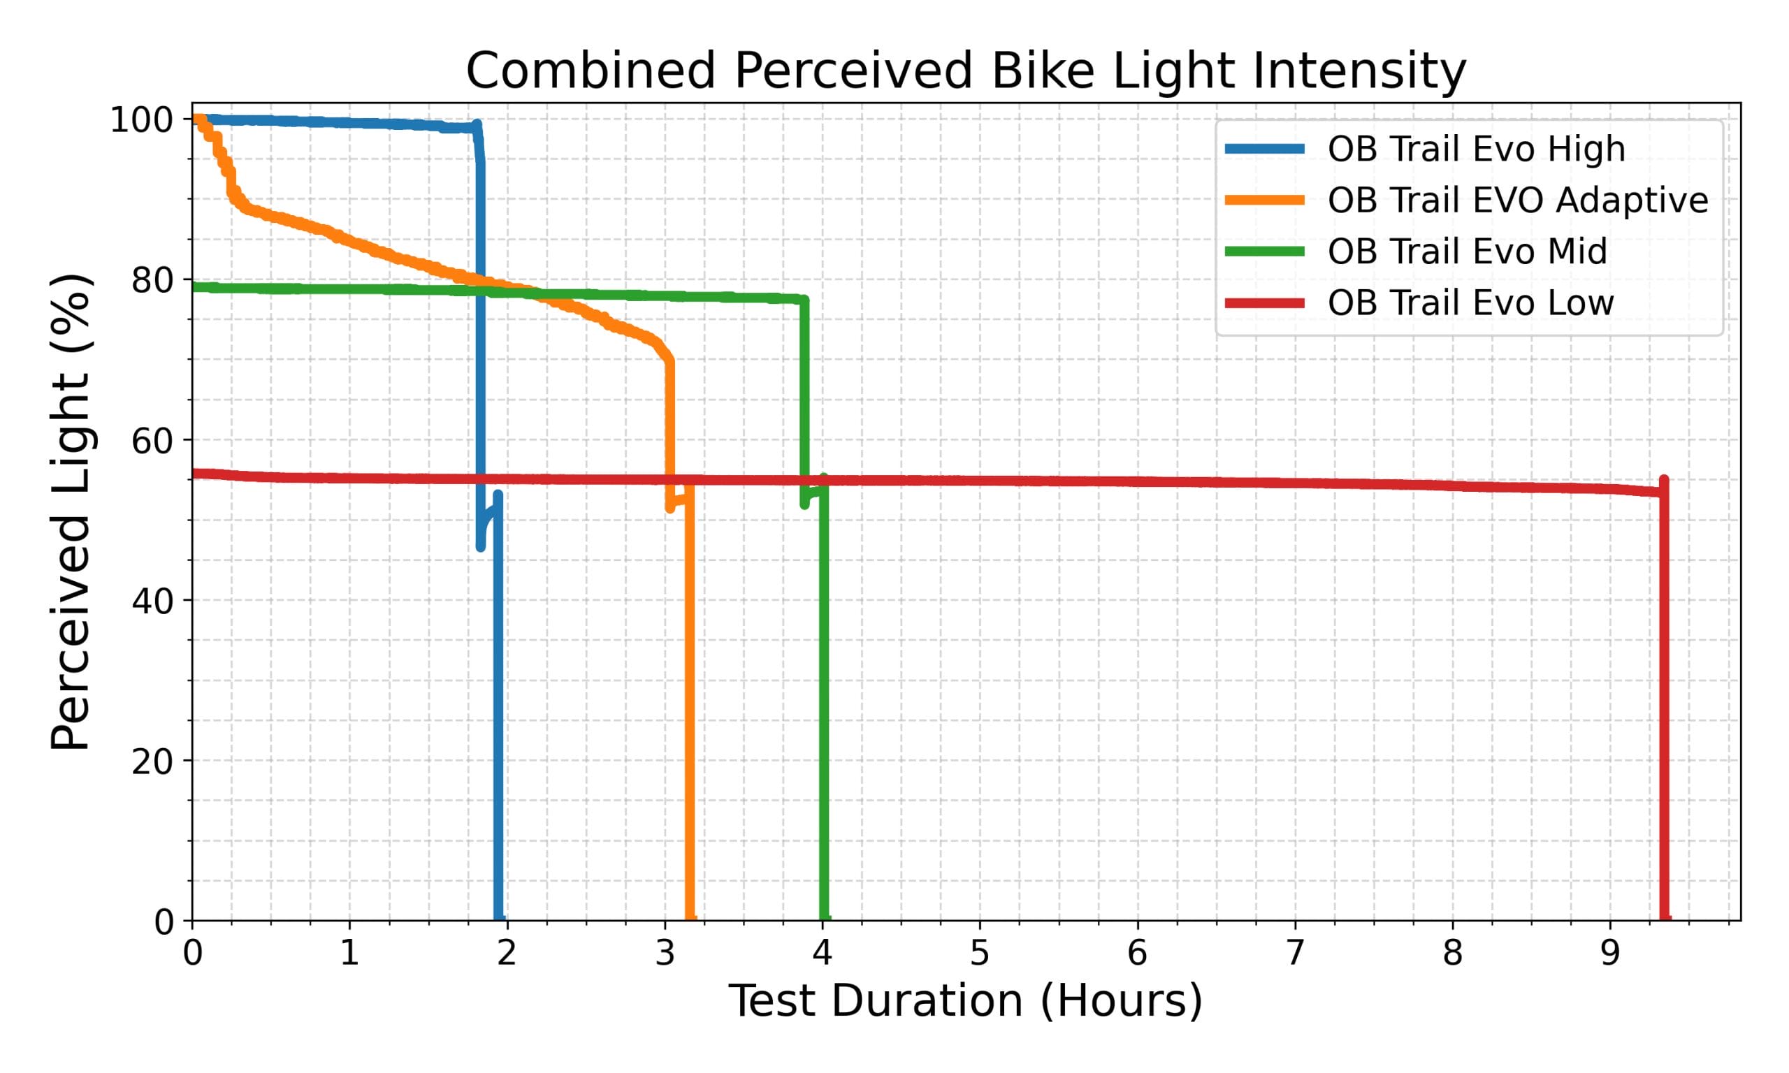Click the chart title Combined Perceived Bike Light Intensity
965,71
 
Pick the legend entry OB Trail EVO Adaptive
1518,200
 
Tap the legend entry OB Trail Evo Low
1470,303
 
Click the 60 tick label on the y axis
152,440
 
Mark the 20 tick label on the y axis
152,761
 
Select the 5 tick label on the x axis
979,954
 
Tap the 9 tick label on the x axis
1609,954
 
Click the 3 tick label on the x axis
665,954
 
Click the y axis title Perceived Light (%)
71,512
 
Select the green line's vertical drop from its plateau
804,397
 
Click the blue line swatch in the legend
1265,149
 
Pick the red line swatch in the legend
1265,303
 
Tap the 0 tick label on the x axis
192,954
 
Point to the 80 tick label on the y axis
152,281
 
